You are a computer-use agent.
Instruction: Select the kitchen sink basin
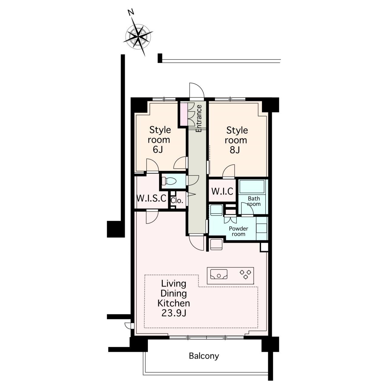click(219, 274)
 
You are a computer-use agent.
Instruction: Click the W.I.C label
click(222, 191)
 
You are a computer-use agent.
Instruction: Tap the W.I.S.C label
click(152, 198)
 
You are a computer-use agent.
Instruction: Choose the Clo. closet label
click(177, 201)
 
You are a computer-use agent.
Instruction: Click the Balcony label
click(204, 356)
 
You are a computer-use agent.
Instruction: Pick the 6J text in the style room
click(158, 149)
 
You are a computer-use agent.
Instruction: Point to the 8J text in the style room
click(235, 150)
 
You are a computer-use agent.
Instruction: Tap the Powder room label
click(238, 231)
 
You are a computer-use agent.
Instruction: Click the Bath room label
click(254, 201)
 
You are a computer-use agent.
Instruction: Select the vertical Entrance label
click(199, 119)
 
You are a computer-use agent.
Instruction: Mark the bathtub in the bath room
click(252, 186)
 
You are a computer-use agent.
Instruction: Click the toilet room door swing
click(192, 180)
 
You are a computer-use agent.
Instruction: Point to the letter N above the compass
click(131, 12)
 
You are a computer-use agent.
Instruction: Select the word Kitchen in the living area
click(174, 303)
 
